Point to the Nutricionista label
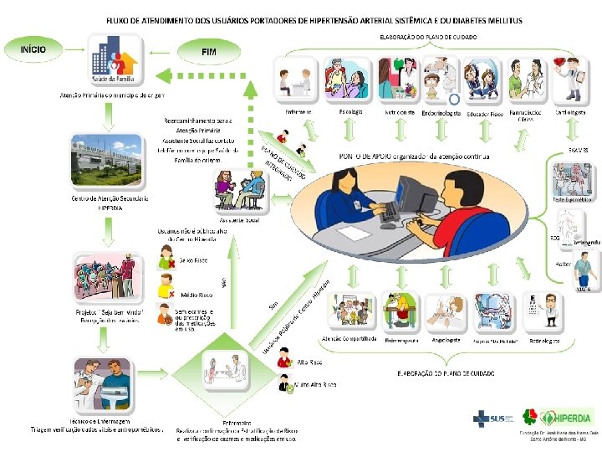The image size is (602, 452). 400,111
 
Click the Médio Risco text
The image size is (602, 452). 196,295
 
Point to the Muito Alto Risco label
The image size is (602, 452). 315,384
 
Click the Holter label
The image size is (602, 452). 563,264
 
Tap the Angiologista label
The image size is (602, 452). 446,341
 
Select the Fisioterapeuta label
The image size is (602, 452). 400,341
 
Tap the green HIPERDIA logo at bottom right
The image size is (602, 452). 558,417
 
